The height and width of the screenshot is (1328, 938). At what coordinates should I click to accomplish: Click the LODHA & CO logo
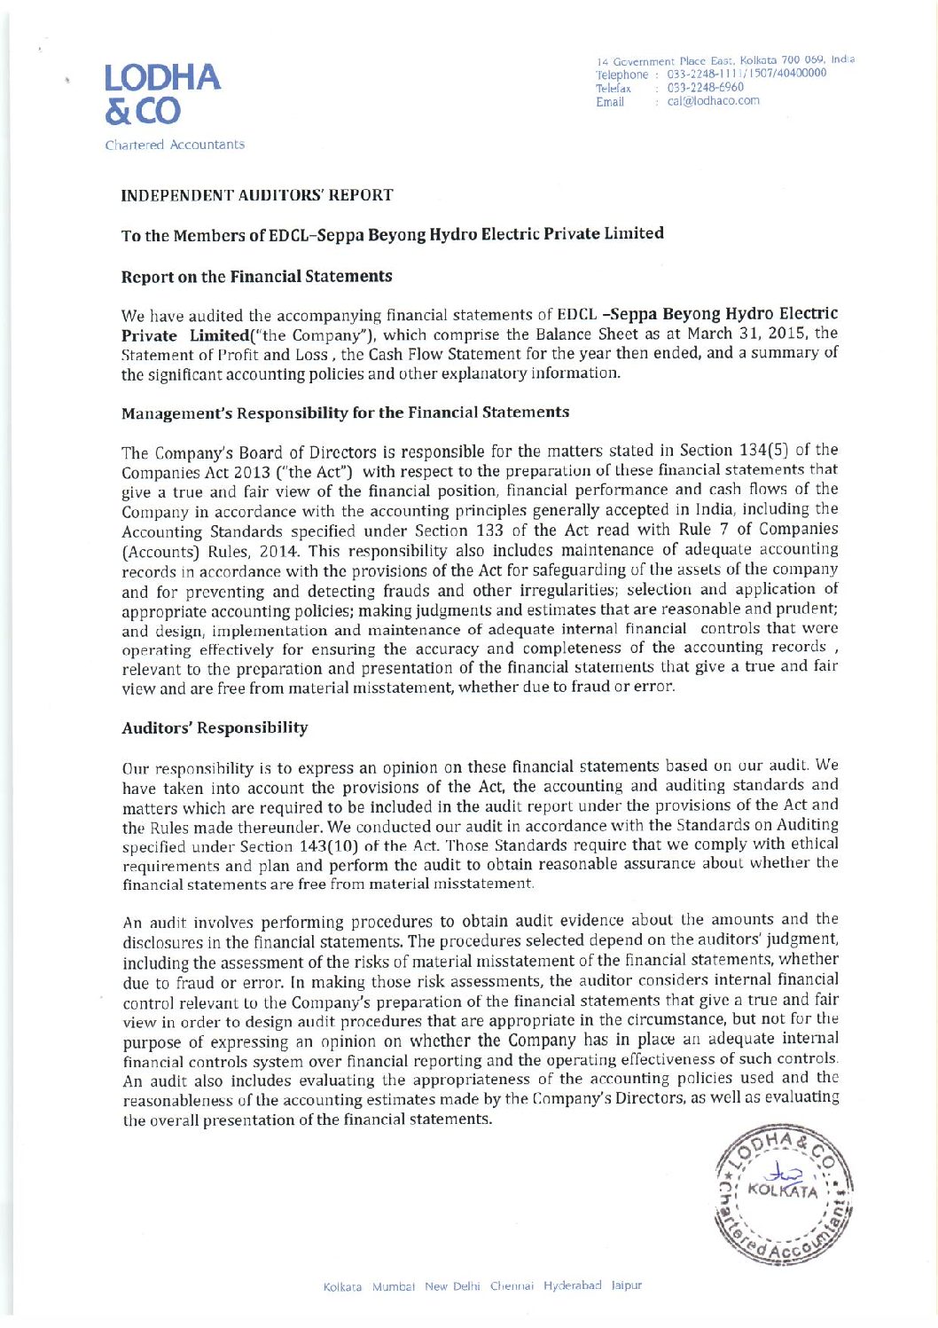pyautogui.click(x=161, y=94)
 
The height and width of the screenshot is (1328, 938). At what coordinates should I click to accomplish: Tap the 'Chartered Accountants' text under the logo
pyautogui.click(x=175, y=145)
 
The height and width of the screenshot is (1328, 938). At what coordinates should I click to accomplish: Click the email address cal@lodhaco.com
pyautogui.click(x=713, y=101)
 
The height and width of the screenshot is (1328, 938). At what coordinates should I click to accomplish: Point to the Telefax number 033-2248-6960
pyautogui.click(x=705, y=88)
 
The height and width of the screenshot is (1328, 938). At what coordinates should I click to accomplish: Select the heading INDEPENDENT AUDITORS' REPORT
pyautogui.click(x=257, y=195)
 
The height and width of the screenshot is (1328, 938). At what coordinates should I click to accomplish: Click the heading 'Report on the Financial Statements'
pyautogui.click(x=256, y=277)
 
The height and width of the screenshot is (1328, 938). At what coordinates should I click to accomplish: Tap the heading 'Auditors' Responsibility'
pyautogui.click(x=215, y=728)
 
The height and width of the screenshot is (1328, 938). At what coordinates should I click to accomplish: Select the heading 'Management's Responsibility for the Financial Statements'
pyautogui.click(x=345, y=413)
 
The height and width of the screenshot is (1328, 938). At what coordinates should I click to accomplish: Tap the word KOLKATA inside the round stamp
pyautogui.click(x=782, y=1190)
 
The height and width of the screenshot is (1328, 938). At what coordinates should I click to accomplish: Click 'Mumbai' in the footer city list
pyautogui.click(x=394, y=1286)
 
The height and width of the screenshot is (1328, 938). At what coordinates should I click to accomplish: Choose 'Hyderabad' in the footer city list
pyautogui.click(x=572, y=1285)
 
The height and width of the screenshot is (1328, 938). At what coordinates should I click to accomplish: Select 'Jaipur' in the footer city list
pyautogui.click(x=626, y=1285)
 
